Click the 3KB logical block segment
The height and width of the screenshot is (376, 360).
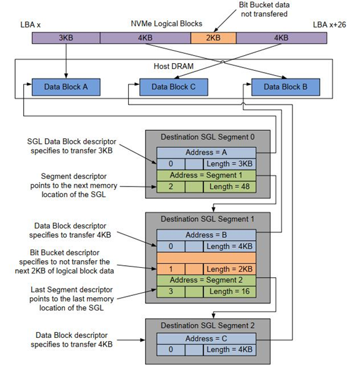point(66,38)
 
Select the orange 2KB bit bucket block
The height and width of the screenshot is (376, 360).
point(213,38)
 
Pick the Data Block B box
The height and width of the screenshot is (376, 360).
point(285,87)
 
